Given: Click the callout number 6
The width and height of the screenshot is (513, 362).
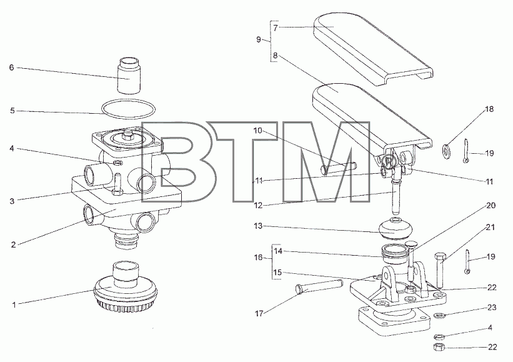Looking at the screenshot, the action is coord(12,68).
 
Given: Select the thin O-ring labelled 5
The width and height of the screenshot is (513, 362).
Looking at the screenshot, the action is coord(128,102).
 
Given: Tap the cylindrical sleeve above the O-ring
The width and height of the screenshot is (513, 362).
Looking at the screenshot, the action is coord(129,75).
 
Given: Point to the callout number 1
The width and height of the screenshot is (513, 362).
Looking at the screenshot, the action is coord(14,304).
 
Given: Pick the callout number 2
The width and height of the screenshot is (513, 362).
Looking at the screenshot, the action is coord(13,244).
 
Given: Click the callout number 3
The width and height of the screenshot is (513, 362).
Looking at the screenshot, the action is coord(12,201).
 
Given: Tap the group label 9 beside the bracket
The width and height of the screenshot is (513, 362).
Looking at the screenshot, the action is coord(259,39).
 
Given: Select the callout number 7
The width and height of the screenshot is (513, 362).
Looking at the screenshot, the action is coord(276,28).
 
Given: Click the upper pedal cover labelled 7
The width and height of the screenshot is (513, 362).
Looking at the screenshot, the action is coord(373,49).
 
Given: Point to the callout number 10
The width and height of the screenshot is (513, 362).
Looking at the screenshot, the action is coord(258,131).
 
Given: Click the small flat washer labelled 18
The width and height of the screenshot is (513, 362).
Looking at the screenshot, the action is coord(446,149).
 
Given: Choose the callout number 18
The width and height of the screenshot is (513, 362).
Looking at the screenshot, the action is coord(489,109).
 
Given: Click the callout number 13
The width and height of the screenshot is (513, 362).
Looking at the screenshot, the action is coord(259,226).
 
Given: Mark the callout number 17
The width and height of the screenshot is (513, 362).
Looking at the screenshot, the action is coord(259,314).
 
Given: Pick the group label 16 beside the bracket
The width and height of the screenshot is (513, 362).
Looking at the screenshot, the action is coord(259,258).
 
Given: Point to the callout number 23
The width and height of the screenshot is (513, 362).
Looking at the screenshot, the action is coord(492,308).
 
